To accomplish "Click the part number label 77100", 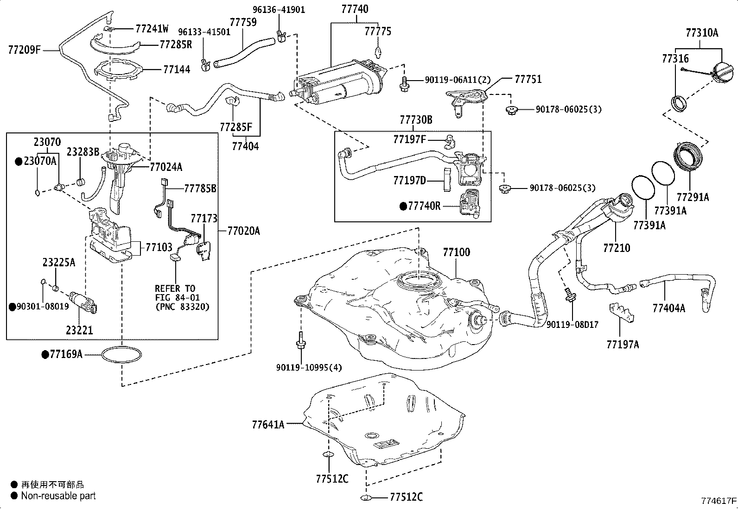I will click(456, 252).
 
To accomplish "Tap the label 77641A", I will click(268, 424).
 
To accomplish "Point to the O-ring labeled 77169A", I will click(121, 355).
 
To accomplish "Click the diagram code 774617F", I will click(718, 501).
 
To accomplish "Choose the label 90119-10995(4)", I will click(309, 367).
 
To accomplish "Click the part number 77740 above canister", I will click(355, 9).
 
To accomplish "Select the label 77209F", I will click(24, 49).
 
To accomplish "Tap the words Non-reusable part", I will click(58, 496).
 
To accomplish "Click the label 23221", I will click(79, 330).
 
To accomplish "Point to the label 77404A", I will click(668, 308).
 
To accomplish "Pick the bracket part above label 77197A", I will click(621, 313).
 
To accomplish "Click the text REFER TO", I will click(175, 289).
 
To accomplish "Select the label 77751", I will click(528, 79).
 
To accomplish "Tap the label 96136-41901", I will click(279, 9).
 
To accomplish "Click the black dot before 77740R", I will click(403, 206).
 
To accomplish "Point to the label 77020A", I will click(243, 231).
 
